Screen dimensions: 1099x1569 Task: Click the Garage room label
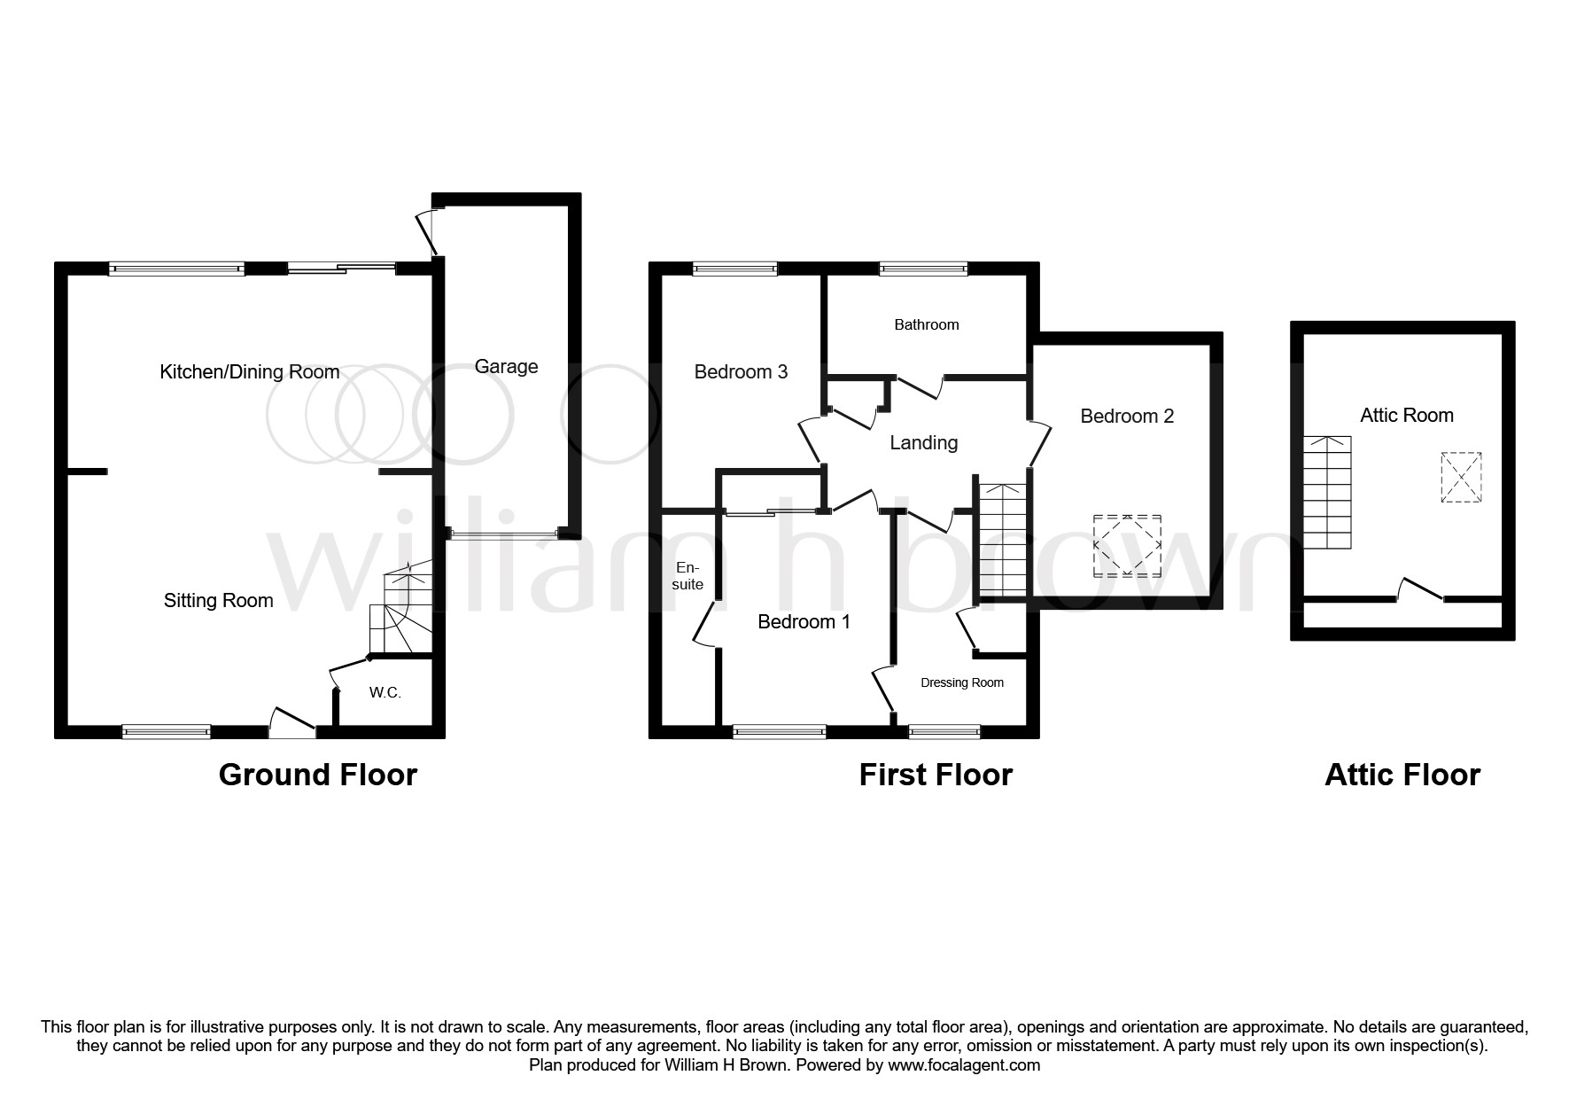[x=506, y=367]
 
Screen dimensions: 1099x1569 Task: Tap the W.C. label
[x=385, y=692]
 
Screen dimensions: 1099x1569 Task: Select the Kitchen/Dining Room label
[x=250, y=372]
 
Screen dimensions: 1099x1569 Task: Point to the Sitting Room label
[x=218, y=601]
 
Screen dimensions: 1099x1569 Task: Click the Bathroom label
[x=927, y=325]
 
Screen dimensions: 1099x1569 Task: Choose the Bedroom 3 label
[x=741, y=372]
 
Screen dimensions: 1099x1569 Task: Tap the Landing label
[x=923, y=442]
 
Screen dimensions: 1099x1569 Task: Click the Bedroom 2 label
[x=1127, y=417]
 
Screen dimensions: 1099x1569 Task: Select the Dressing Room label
[x=962, y=682]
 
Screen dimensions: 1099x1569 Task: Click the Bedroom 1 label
[x=804, y=622]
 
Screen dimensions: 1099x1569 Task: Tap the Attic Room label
[x=1407, y=416]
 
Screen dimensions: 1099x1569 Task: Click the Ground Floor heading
[x=317, y=775]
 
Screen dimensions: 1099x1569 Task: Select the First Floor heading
[x=936, y=775]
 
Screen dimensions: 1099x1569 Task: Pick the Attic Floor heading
[x=1402, y=775]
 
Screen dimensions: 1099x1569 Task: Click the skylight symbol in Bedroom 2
[x=1127, y=545]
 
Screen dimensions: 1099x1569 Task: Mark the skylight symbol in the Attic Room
[x=1461, y=478]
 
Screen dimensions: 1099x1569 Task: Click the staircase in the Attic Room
[x=1327, y=493]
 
